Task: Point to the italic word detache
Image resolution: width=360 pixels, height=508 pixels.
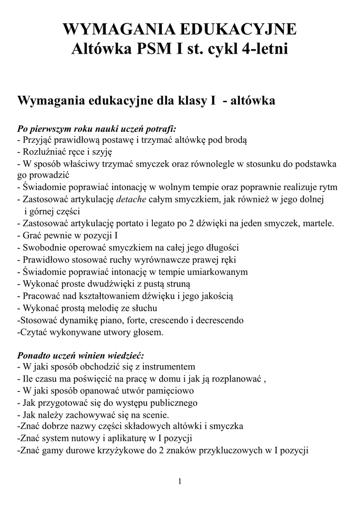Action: click(131, 199)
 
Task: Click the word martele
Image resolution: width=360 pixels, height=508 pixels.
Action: click(318, 223)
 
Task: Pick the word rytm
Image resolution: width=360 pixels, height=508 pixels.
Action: click(328, 187)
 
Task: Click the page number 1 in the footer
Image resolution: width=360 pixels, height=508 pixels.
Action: click(180, 481)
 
